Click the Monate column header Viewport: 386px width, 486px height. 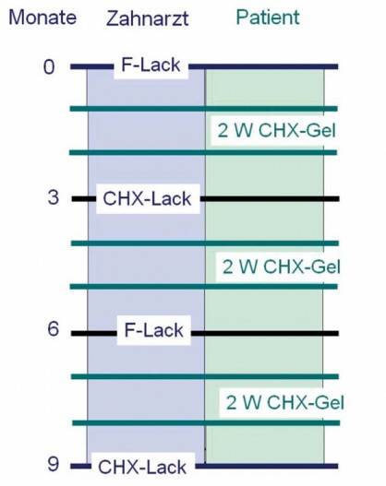coord(42,18)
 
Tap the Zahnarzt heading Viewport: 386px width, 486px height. coord(148,18)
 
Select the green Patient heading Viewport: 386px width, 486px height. coord(268,17)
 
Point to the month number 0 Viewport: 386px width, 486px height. coord(49,67)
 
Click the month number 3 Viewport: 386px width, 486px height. coord(53,197)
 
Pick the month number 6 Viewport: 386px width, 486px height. coord(53,328)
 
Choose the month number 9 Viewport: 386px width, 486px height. coord(53,464)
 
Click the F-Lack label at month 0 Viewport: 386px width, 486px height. coord(151,65)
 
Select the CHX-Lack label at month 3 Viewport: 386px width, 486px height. coord(147,198)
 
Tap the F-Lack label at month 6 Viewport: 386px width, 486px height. coord(154,330)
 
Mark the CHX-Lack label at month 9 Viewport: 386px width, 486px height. coord(142,467)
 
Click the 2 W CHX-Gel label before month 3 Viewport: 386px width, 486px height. coord(277,130)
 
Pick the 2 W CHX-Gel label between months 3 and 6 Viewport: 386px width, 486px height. coord(282,267)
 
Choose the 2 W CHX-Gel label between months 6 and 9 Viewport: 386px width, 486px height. coord(285,402)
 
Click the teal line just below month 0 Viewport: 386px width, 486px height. coord(203,109)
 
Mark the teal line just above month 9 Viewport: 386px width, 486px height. coord(206,422)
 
